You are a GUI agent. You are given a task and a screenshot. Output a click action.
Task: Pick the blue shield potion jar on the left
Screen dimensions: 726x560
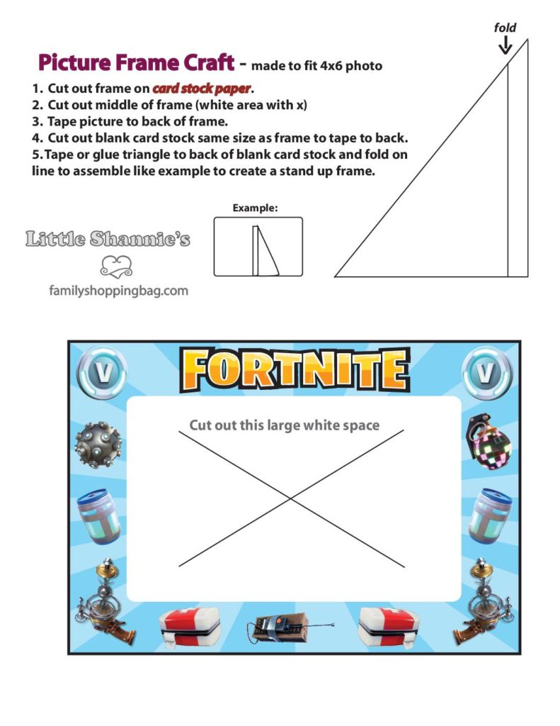[99, 515]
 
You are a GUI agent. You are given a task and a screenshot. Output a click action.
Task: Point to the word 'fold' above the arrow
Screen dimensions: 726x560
[505, 28]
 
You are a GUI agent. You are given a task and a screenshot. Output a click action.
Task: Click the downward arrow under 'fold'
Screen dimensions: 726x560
[505, 46]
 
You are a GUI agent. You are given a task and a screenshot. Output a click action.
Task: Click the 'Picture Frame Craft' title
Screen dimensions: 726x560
[135, 63]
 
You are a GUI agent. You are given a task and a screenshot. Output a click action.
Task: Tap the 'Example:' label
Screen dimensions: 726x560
[255, 208]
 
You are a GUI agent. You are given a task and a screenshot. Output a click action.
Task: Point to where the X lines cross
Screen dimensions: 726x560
[291, 498]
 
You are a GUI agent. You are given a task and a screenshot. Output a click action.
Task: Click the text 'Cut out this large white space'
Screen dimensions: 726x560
[284, 425]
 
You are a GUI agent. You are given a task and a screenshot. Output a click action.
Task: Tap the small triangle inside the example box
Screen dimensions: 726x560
[265, 251]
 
